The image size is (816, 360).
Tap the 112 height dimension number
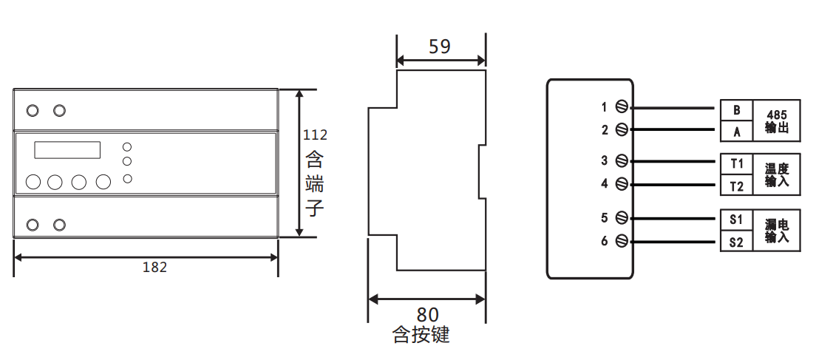coord(315,135)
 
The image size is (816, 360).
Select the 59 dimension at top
coord(440,47)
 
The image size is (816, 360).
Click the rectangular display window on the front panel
coord(67,150)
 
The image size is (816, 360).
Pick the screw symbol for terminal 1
coord(622,108)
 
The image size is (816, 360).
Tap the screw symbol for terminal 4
coord(622,183)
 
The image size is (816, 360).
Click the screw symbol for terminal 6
coord(622,241)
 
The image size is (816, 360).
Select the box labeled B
coord(736,110)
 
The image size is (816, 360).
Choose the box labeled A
coord(736,132)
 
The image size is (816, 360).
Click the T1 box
coord(736,163)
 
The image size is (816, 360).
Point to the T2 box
coord(736,185)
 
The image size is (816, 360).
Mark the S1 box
coord(736,220)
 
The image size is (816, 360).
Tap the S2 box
coord(736,242)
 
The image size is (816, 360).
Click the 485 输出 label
coord(777,121)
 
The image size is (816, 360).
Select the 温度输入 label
coord(777,174)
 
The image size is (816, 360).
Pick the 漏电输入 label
coord(777,231)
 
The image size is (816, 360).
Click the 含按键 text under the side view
coord(421,336)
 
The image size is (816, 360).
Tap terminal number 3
coord(604,160)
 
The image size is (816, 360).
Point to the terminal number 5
coord(604,218)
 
